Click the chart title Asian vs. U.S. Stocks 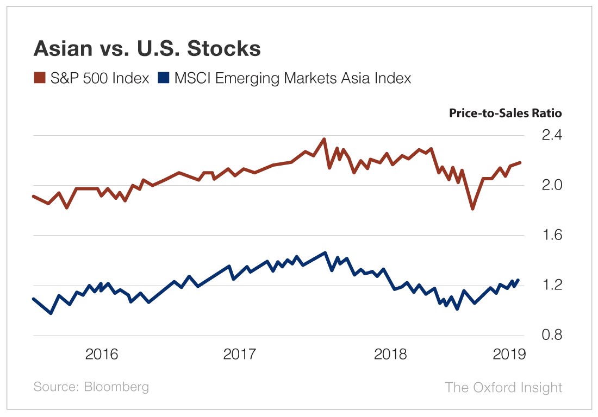coord(147,49)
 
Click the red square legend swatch coord(40,78)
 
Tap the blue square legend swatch coord(163,78)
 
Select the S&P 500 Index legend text coord(99,78)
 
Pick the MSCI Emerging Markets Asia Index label coord(292,78)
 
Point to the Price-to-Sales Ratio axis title coord(505,113)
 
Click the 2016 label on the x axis coord(102,355)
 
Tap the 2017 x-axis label coord(240,355)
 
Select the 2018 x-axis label coord(390,355)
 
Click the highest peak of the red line coord(324,139)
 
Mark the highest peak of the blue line coord(325,252)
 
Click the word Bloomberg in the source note coord(116,387)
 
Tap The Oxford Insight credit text coord(503,387)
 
